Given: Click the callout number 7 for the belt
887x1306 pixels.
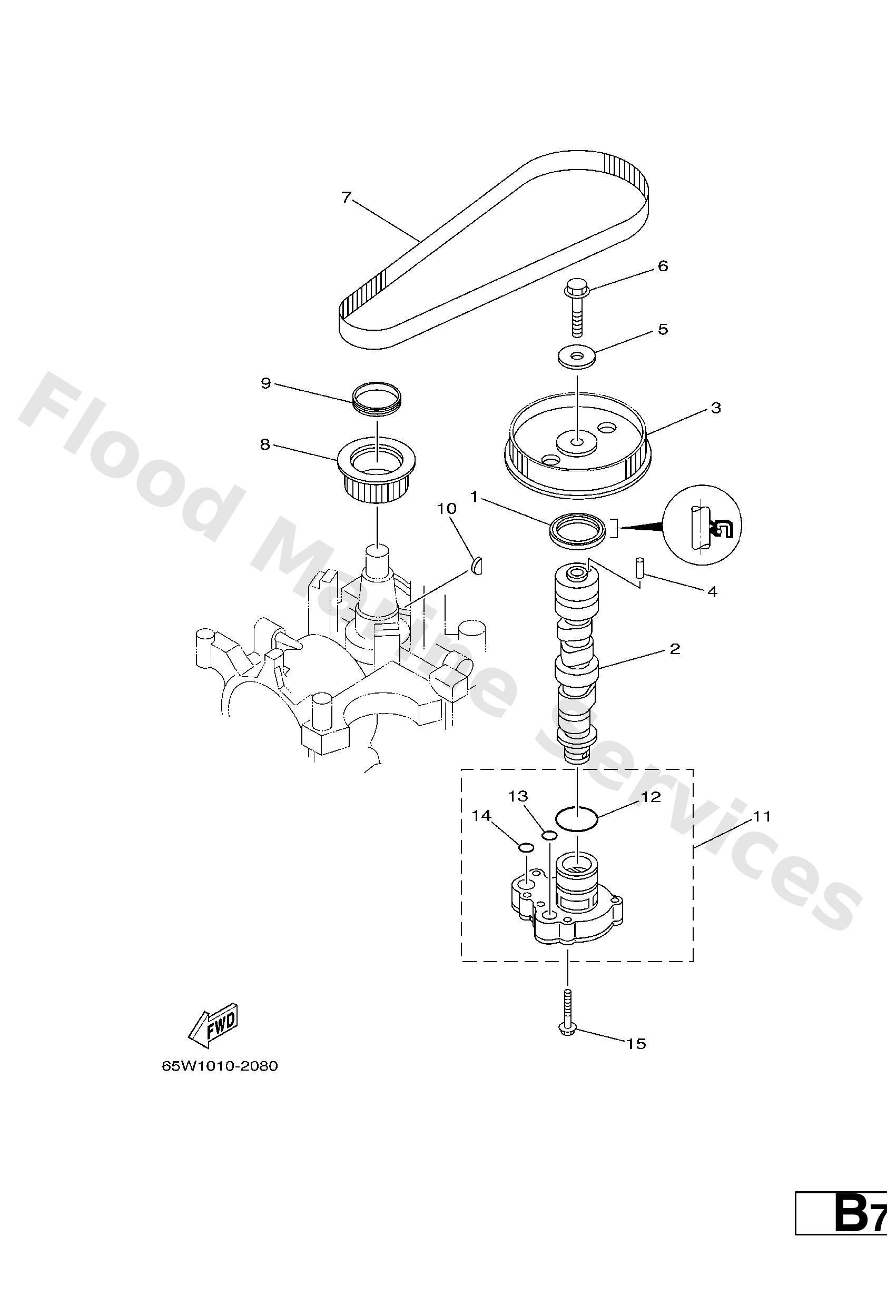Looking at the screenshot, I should (x=346, y=197).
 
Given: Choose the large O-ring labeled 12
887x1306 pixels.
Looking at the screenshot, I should (x=577, y=818).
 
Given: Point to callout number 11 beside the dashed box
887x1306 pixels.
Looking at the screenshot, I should (x=762, y=816).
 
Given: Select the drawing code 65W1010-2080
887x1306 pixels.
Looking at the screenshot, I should (x=220, y=1066).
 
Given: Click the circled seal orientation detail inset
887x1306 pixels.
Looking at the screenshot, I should (x=702, y=525).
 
